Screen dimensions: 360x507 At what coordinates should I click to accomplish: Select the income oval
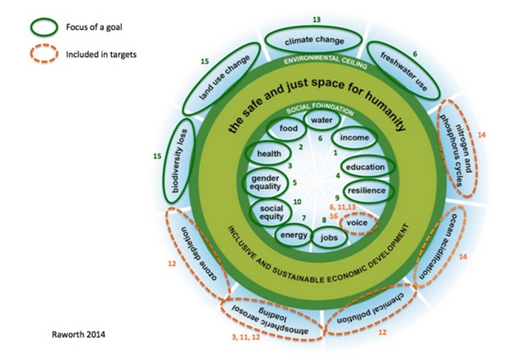point(354,138)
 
